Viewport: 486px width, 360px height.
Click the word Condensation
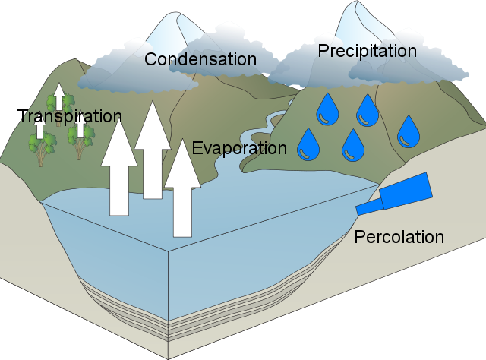click(200, 58)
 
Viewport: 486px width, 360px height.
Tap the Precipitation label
click(367, 51)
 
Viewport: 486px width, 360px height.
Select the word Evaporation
click(238, 147)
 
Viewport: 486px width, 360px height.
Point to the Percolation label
click(399, 237)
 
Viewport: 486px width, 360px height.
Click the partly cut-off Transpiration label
click(72, 117)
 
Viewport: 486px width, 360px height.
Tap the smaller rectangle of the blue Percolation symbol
click(369, 207)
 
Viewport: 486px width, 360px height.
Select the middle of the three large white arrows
click(153, 152)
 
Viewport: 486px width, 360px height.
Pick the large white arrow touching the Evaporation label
click(183, 190)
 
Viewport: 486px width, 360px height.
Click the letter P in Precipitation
click(323, 51)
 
